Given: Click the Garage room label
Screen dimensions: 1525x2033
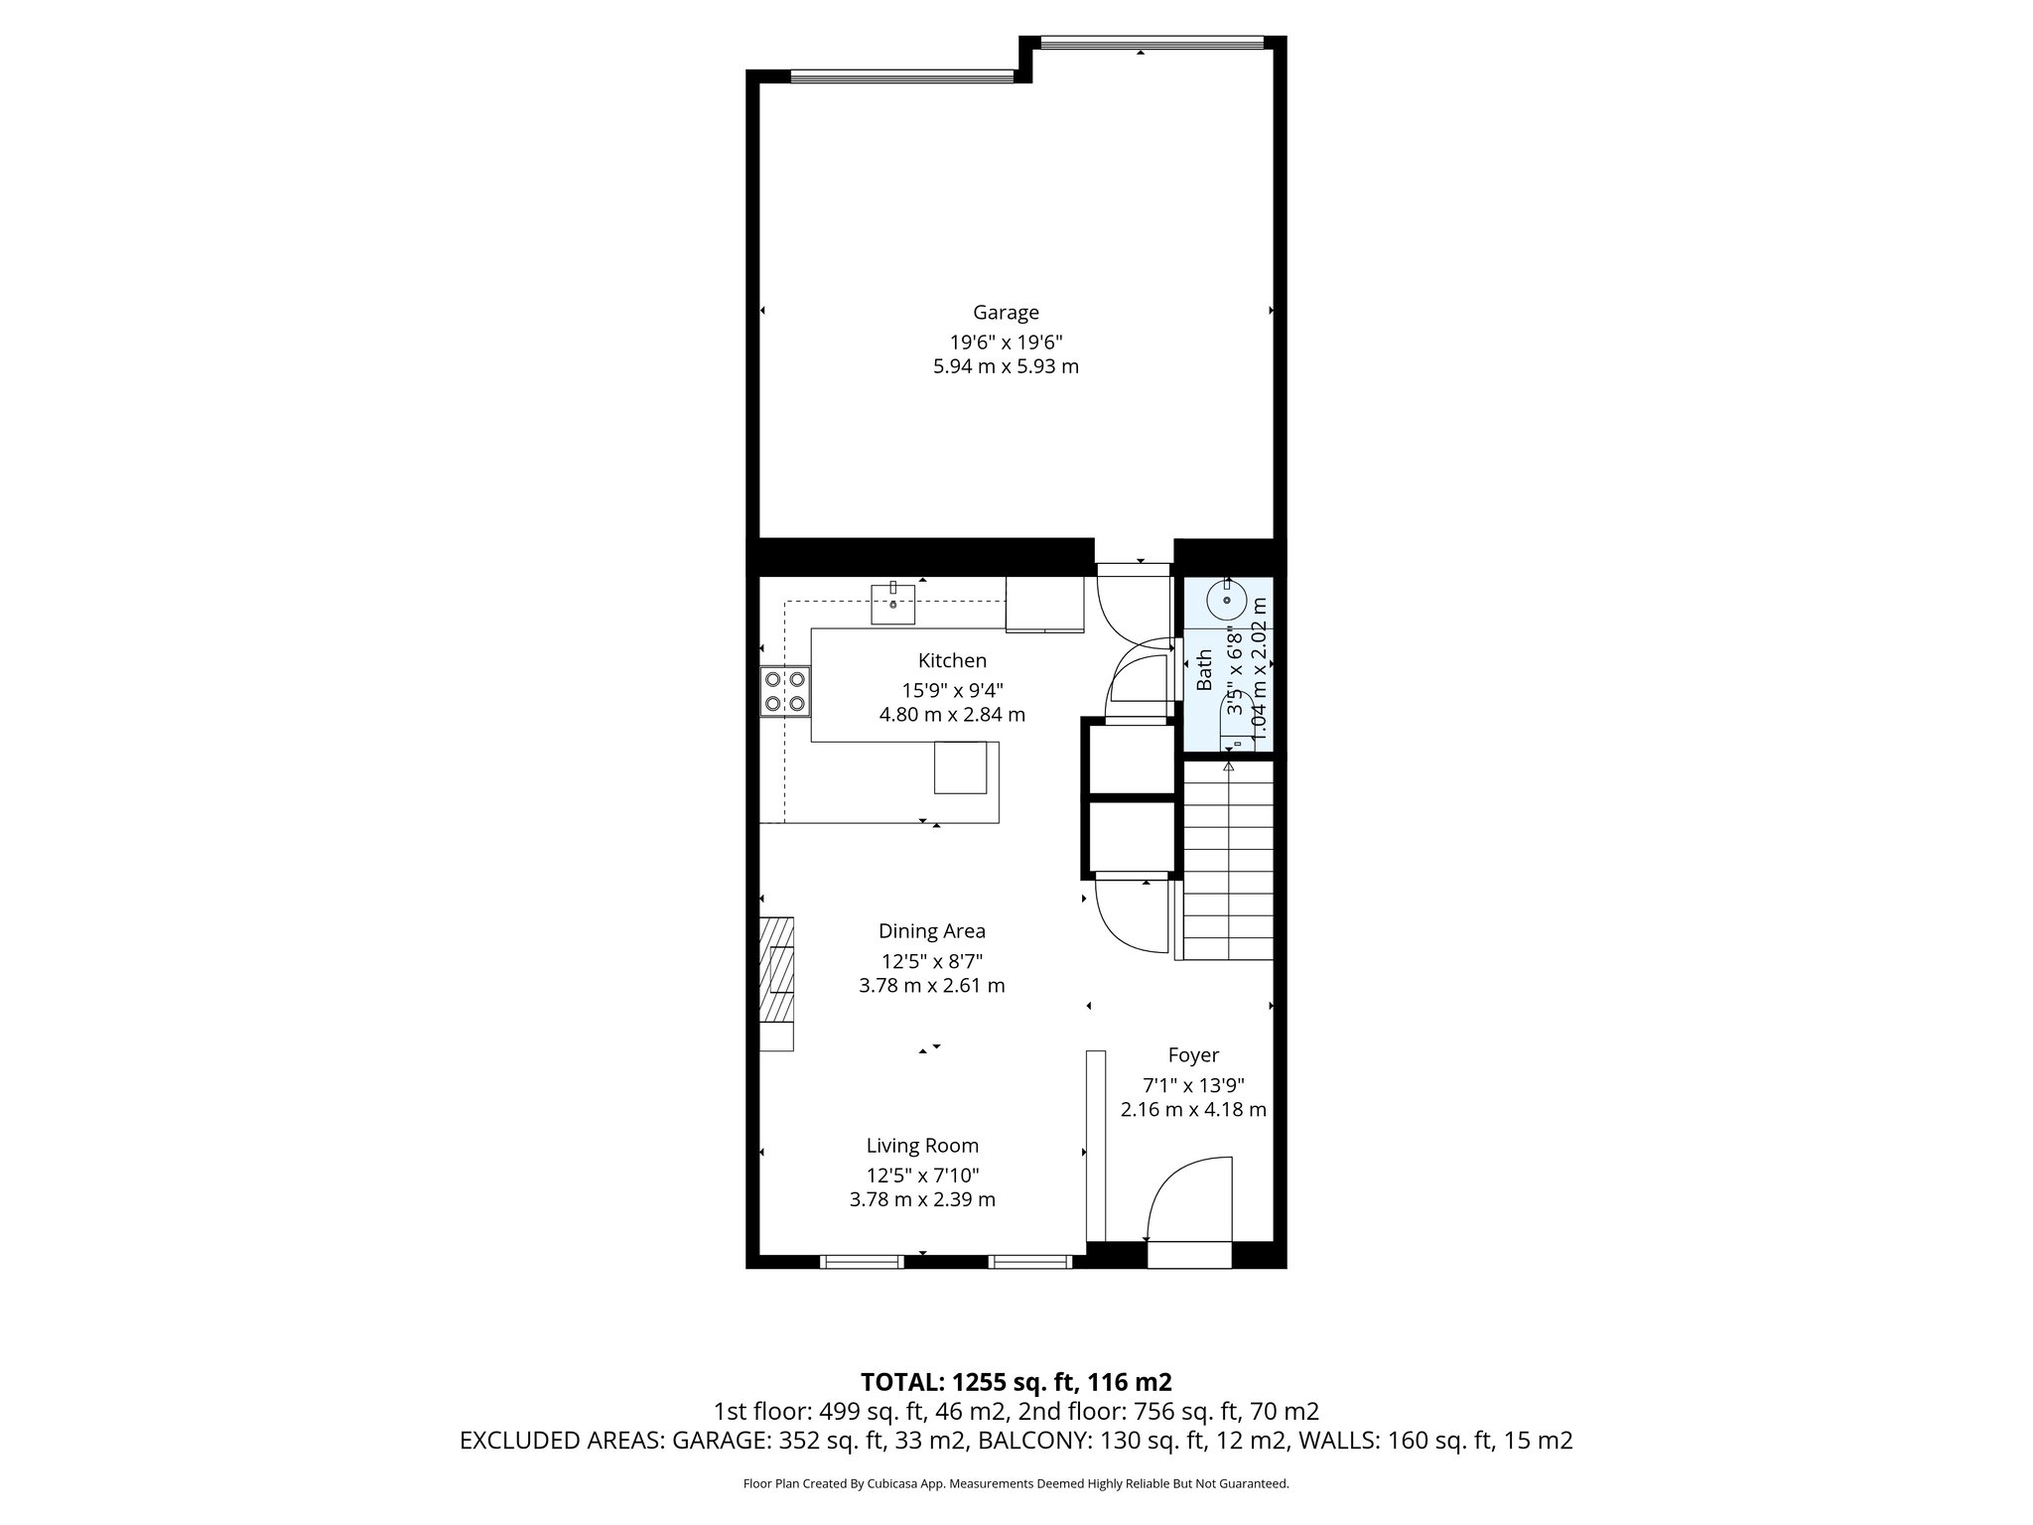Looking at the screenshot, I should [x=1006, y=313].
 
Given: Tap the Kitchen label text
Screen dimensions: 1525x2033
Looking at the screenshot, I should [x=952, y=661].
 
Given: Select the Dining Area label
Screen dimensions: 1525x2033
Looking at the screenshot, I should [x=931, y=931].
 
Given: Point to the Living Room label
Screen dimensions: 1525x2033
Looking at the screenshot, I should [x=922, y=1146].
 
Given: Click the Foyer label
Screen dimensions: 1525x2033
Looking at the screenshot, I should [x=1193, y=1055].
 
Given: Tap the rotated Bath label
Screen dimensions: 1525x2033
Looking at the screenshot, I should [x=1204, y=670].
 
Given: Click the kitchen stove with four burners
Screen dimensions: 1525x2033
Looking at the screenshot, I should [x=784, y=692].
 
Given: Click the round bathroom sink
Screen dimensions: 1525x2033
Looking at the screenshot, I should [x=1227, y=601].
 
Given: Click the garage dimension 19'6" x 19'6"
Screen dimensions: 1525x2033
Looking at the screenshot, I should [x=1006, y=343].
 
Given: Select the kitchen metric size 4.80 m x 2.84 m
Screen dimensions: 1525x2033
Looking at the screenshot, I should [x=952, y=715].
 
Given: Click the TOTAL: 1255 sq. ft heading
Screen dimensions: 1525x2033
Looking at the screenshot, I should [x=1016, y=1382].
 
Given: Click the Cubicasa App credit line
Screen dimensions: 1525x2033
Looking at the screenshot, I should [x=1016, y=1484].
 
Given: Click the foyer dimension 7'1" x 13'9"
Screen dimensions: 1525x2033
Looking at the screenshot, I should [x=1193, y=1085].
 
